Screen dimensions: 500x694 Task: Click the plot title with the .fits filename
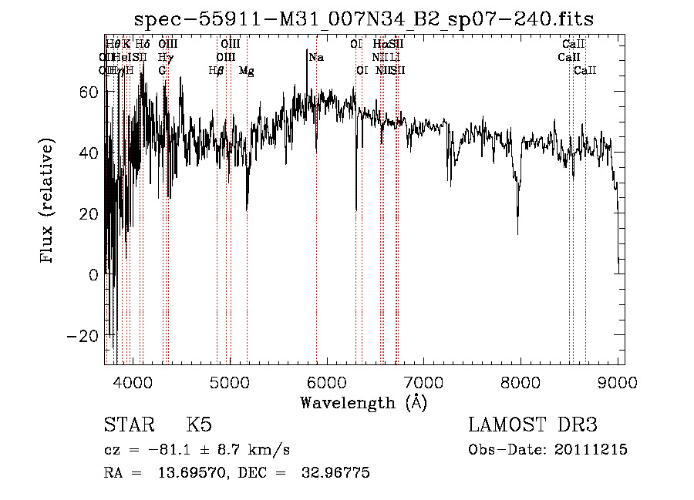[x=364, y=19]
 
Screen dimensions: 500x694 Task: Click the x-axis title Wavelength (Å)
[x=364, y=402]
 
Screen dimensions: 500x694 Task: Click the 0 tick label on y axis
[x=95, y=274]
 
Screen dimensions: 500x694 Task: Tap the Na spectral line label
[x=316, y=57]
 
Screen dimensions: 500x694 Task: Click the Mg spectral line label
[x=247, y=71]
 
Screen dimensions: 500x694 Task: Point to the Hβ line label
[x=217, y=71]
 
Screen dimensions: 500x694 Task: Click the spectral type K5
[x=199, y=425]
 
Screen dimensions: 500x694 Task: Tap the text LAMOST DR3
[x=533, y=425]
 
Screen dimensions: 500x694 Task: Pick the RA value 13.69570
[x=194, y=473]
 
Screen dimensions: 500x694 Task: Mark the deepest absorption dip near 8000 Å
[x=518, y=231]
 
